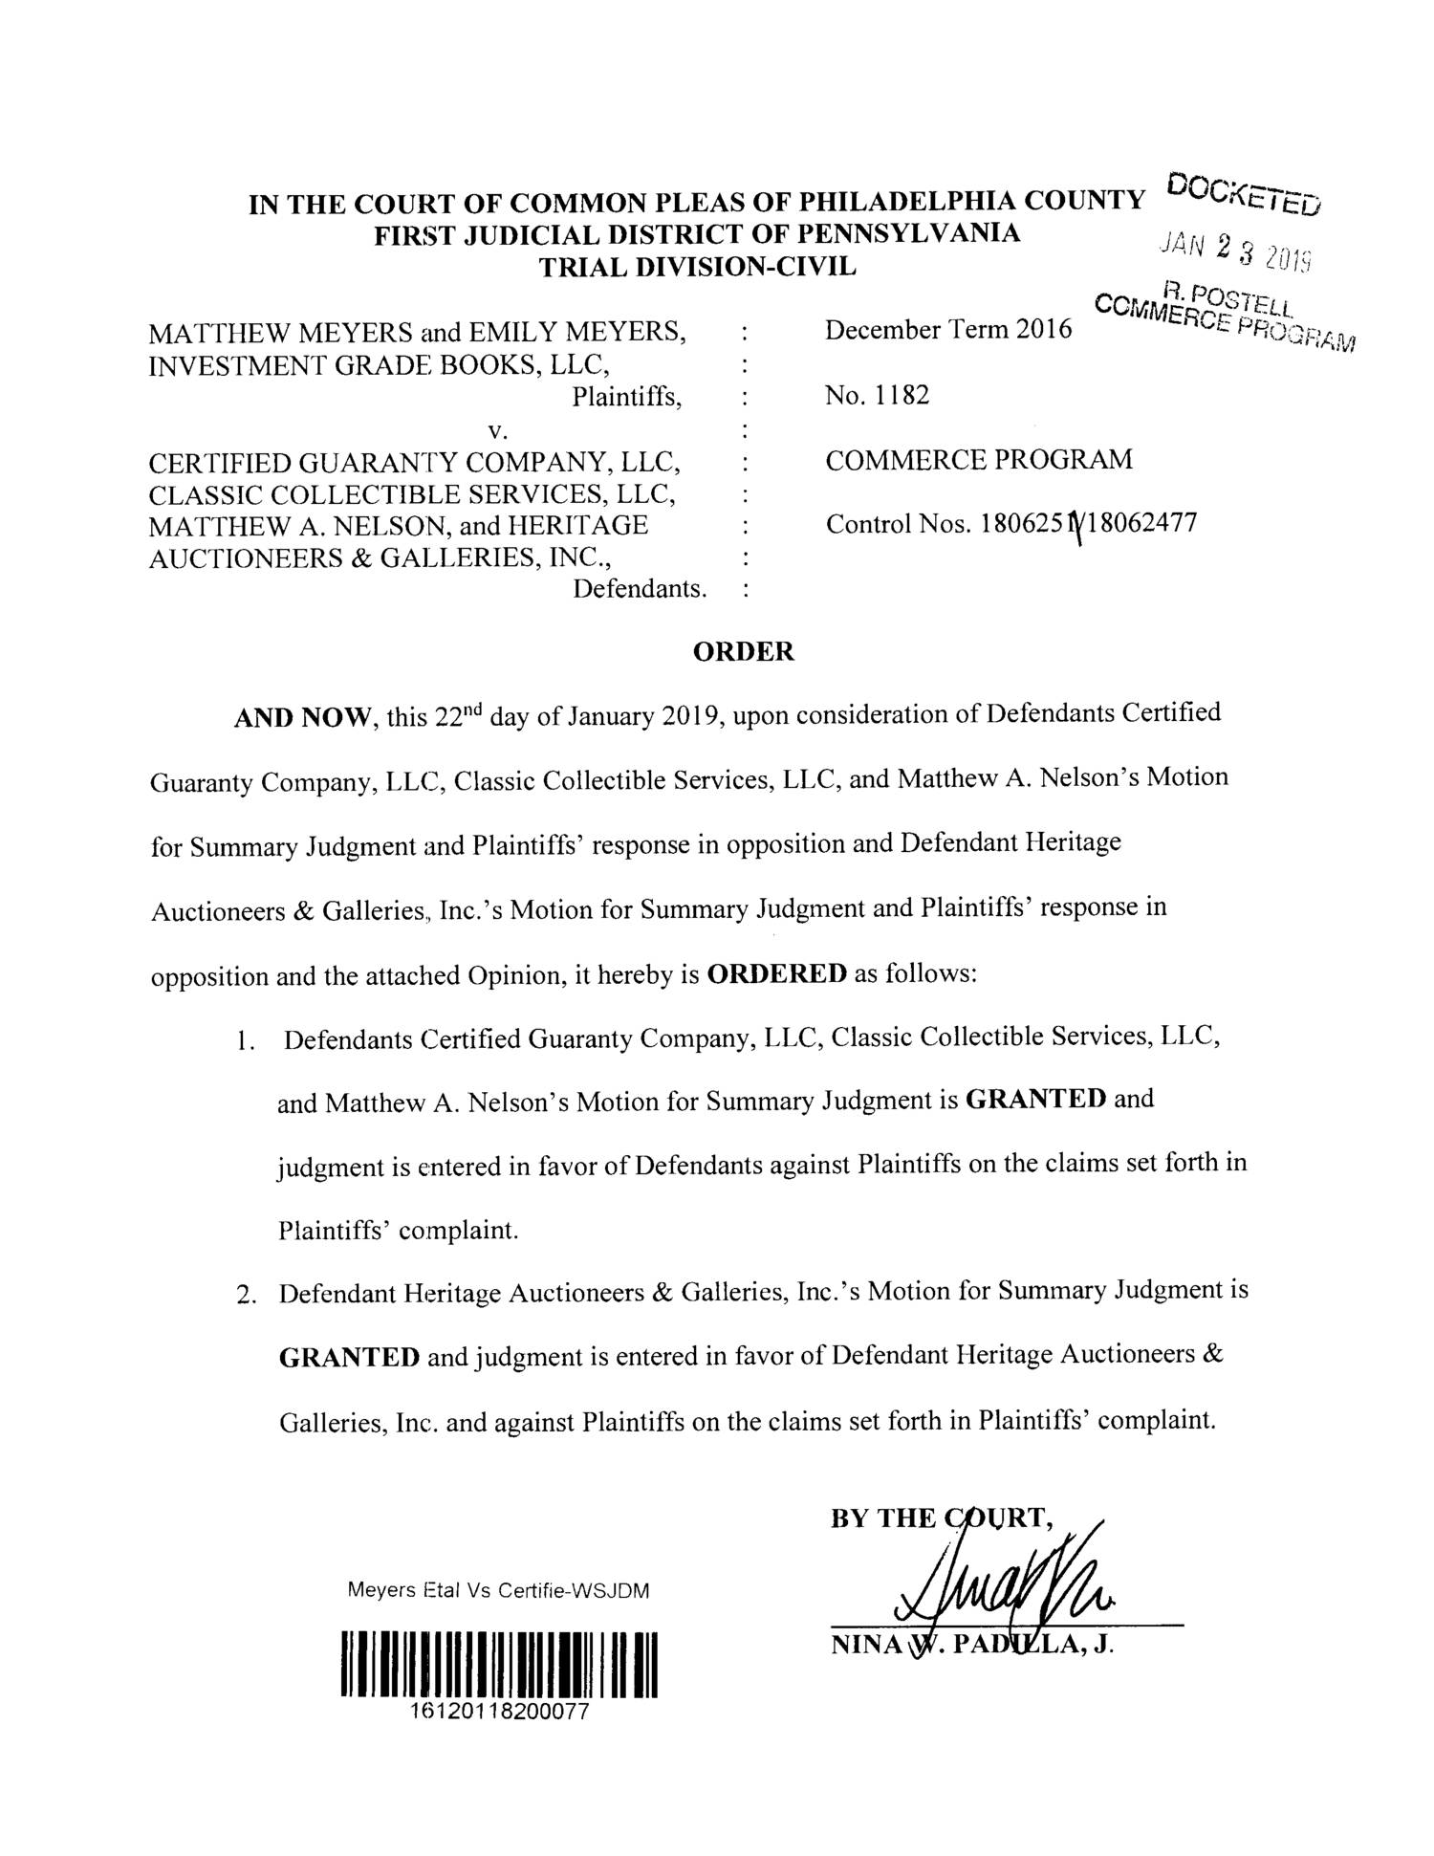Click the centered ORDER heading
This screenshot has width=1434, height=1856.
click(743, 652)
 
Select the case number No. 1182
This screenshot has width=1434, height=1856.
click(877, 395)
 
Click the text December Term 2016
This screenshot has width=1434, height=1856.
click(949, 330)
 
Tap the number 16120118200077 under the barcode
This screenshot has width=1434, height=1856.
click(498, 1712)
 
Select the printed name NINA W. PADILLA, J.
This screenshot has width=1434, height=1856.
click(973, 1647)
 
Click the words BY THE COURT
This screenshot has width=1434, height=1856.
click(943, 1518)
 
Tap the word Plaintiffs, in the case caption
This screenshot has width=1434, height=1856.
click(627, 396)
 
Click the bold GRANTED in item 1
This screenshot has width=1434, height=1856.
click(1036, 1099)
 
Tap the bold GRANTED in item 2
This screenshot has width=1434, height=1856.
click(349, 1357)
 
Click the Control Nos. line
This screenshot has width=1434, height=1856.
click(1010, 525)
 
